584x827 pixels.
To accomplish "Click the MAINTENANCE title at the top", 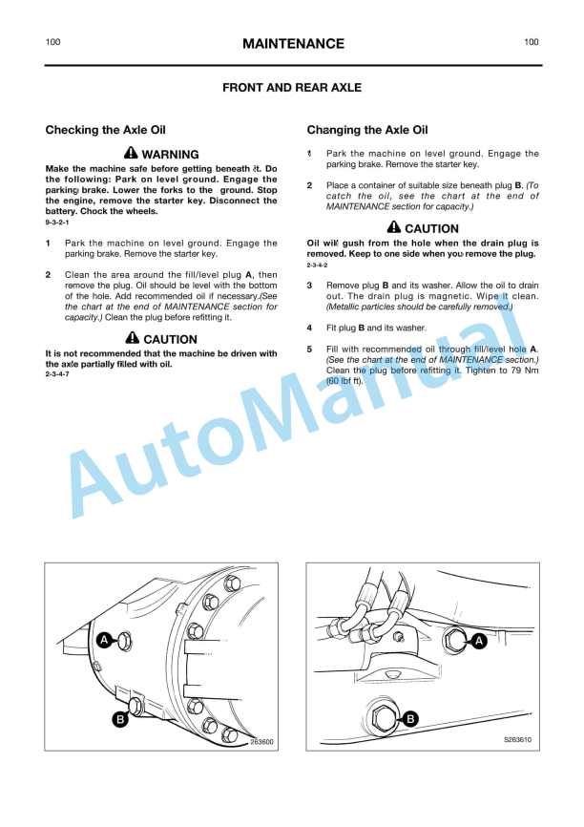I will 292,44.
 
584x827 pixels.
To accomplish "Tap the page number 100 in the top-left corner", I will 53,42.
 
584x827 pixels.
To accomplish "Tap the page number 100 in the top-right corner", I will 531,42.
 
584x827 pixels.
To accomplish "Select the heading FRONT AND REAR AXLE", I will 292,88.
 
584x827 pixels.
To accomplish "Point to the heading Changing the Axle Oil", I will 367,130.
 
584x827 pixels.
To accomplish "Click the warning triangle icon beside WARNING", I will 131,154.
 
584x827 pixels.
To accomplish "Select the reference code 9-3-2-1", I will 58,223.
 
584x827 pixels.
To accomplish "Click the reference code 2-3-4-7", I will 58,373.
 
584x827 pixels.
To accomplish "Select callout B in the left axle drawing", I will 120,719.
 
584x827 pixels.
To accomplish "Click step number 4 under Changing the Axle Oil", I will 309,328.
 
